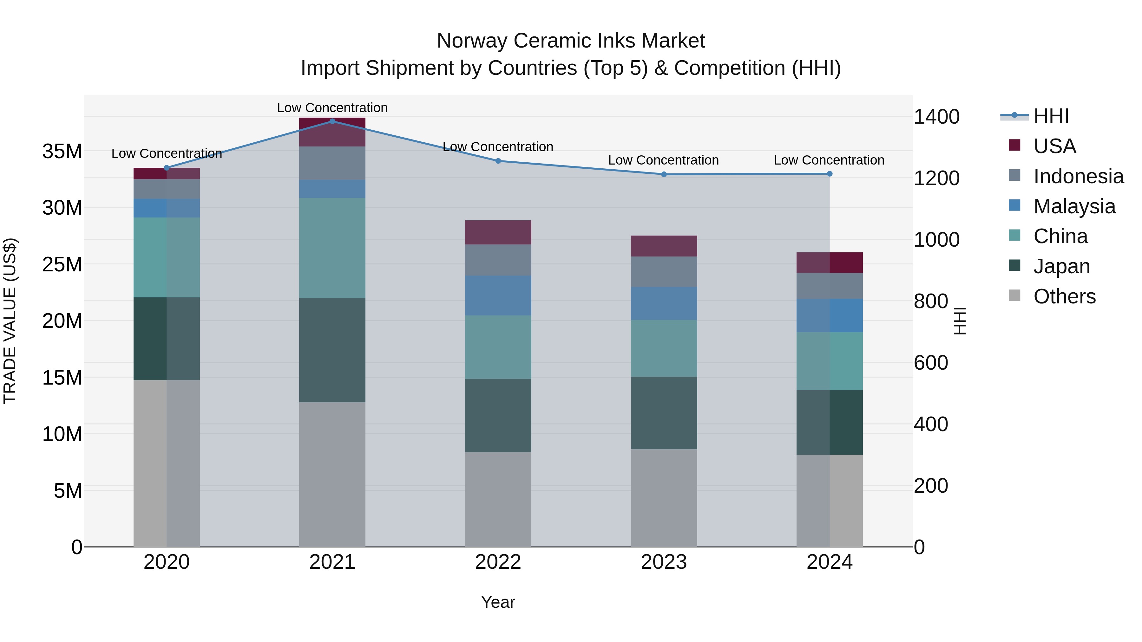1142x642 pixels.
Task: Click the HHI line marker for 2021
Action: tap(332, 121)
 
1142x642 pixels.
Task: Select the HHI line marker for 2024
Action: tap(830, 174)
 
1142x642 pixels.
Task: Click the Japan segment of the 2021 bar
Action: tap(332, 350)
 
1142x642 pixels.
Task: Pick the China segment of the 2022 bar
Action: tap(498, 347)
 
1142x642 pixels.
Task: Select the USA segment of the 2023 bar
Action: tap(664, 246)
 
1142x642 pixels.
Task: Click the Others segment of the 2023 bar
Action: tap(664, 498)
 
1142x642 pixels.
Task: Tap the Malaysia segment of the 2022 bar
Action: tap(498, 295)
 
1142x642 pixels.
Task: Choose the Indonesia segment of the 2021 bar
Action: tap(332, 163)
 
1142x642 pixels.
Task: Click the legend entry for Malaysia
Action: tap(1074, 206)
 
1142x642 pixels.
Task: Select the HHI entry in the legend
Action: tap(1051, 116)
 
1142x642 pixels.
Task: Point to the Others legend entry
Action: tap(1064, 296)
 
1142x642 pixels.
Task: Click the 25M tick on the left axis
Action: tap(62, 264)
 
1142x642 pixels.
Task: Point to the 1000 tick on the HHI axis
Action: tap(936, 240)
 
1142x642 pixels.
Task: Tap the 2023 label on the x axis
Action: tap(664, 562)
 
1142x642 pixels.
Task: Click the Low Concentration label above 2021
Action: tap(332, 108)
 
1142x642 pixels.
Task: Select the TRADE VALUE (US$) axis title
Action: tap(10, 321)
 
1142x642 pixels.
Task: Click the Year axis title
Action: tap(498, 602)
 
